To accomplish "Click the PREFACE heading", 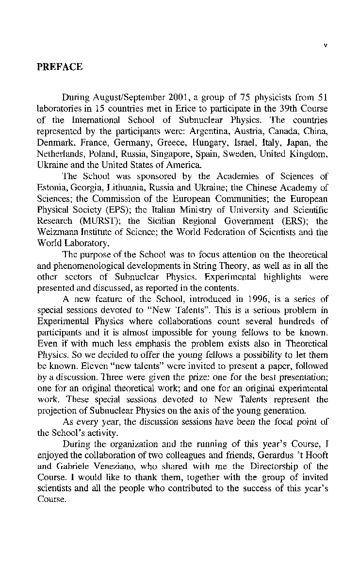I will point(60,67).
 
